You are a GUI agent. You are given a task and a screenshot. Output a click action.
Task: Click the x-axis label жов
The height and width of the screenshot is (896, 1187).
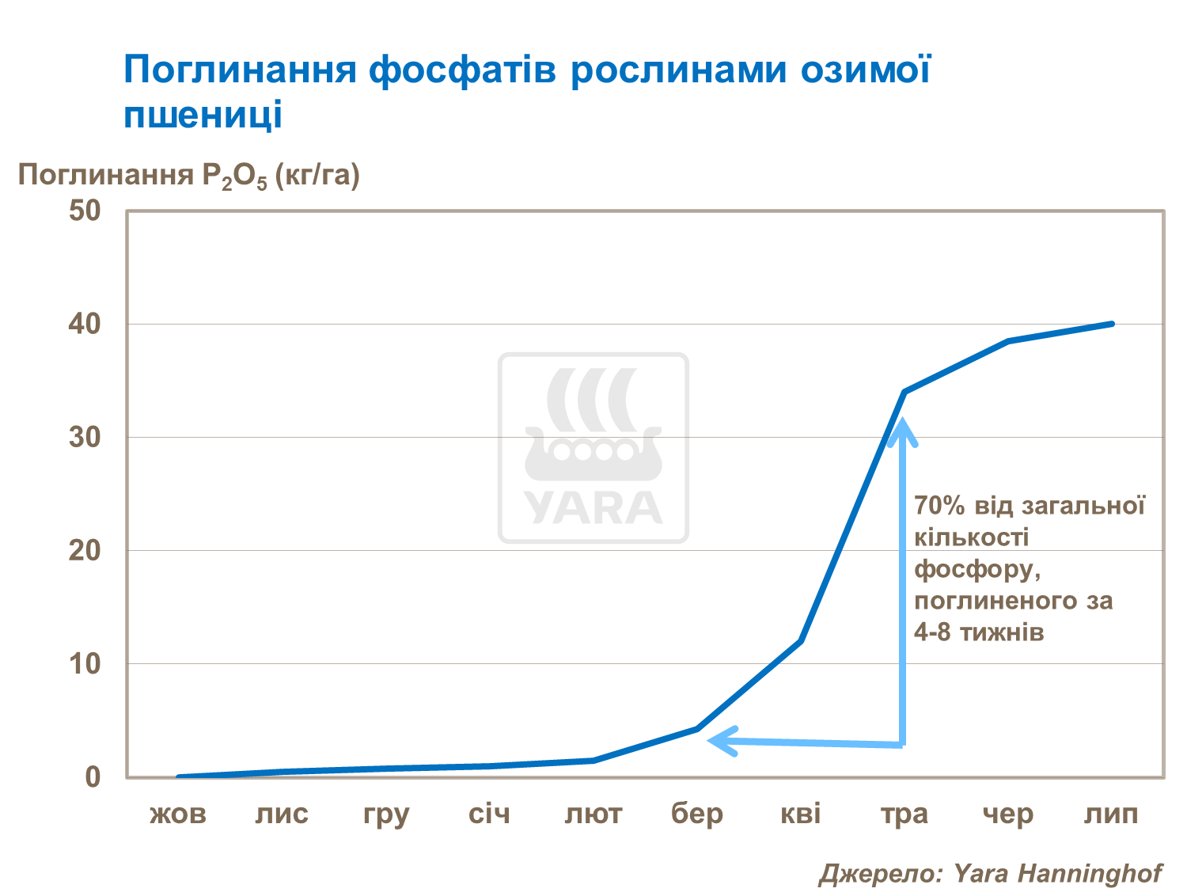pyautogui.click(x=178, y=814)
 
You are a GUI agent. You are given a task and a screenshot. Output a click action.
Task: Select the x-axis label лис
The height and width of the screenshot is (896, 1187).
pyautogui.click(x=282, y=814)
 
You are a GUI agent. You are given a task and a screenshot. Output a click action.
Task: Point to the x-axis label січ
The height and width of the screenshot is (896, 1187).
pyautogui.click(x=489, y=814)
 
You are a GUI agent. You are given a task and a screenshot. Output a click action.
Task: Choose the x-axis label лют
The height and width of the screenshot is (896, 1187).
pyautogui.click(x=593, y=814)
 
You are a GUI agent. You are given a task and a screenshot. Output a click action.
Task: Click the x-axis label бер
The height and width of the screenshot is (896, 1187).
pyautogui.click(x=697, y=814)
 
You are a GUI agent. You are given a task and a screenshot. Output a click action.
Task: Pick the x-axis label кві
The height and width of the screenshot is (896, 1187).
pyautogui.click(x=801, y=814)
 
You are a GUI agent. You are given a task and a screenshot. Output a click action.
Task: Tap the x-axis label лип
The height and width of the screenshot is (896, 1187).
pyautogui.click(x=1111, y=814)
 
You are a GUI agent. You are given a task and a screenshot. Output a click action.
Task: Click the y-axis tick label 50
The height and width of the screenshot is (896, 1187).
pyautogui.click(x=85, y=211)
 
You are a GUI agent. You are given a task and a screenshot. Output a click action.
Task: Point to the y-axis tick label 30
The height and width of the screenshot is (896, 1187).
pyautogui.click(x=85, y=437)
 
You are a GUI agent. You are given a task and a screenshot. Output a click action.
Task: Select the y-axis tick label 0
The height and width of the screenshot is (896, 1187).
pyautogui.click(x=93, y=776)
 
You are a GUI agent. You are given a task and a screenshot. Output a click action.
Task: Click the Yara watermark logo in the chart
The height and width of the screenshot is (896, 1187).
pyautogui.click(x=593, y=448)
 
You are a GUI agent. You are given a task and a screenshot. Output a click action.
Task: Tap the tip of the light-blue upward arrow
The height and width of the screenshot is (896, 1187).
pyautogui.click(x=901, y=422)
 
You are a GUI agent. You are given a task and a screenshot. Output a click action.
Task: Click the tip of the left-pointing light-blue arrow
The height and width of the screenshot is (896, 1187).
pyautogui.click(x=710, y=741)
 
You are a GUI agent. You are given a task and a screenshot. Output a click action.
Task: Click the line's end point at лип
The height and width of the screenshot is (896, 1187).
pyautogui.click(x=1112, y=324)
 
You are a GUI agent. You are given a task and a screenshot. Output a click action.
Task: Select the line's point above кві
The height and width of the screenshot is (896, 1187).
pyautogui.click(x=801, y=640)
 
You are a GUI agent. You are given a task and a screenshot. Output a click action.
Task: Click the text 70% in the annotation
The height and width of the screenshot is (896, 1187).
pyautogui.click(x=939, y=506)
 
